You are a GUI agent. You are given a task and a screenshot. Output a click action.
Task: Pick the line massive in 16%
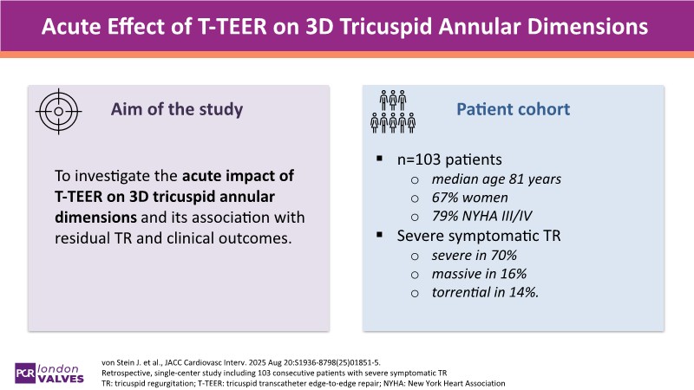click(x=478, y=276)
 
